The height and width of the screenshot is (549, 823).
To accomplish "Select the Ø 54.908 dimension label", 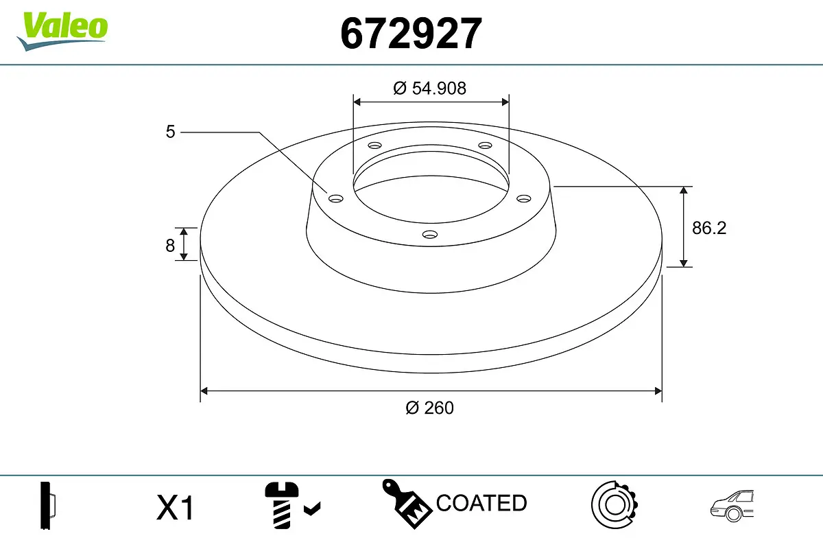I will click(430, 88).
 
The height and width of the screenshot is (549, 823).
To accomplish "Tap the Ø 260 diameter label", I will click(430, 408).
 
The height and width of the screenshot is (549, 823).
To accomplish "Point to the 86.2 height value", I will click(708, 229).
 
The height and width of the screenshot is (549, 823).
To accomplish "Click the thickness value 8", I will click(170, 245).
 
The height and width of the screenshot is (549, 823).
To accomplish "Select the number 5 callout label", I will click(170, 131).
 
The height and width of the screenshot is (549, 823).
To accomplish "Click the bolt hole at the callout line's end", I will click(335, 198).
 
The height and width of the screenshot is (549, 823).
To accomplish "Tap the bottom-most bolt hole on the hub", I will click(430, 235).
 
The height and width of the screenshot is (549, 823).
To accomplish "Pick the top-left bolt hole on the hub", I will click(374, 145).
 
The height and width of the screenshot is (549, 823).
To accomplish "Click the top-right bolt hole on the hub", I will click(486, 145).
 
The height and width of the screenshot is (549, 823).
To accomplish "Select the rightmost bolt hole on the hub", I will click(524, 198).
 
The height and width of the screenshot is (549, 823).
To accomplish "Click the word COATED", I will click(481, 503).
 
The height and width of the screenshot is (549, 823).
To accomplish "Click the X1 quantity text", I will click(176, 509).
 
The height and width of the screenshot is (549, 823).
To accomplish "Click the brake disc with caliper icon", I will click(615, 506).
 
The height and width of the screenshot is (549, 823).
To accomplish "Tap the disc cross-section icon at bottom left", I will click(47, 506).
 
